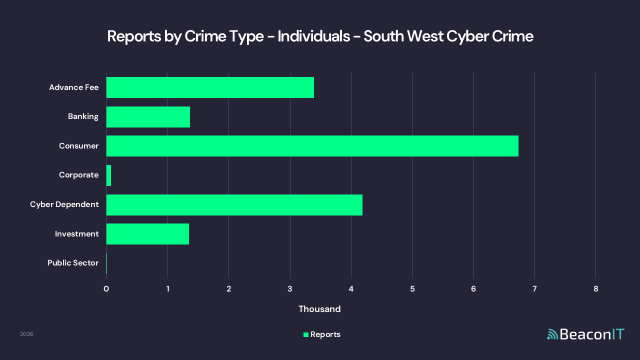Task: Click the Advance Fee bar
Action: [x=210, y=87]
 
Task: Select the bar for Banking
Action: [x=148, y=117]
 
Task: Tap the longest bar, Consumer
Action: [x=312, y=146]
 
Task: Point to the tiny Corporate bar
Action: [x=108, y=175]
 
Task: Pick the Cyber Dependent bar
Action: [x=234, y=205]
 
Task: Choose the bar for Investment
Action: [x=147, y=234]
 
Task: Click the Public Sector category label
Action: [x=73, y=263]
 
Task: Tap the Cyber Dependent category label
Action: [x=64, y=204]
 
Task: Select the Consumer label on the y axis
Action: [x=78, y=146]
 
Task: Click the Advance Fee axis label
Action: [x=73, y=87]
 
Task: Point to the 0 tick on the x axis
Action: [x=106, y=289]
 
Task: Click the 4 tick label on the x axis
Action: [x=351, y=289]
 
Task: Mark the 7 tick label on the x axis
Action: [x=534, y=289]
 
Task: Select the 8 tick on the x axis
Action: [x=595, y=289]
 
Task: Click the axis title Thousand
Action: [x=319, y=309]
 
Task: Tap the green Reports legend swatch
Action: [x=306, y=334]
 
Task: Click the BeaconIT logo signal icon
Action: [x=552, y=334]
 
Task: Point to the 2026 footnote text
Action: [x=26, y=334]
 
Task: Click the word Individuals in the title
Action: [x=313, y=36]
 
